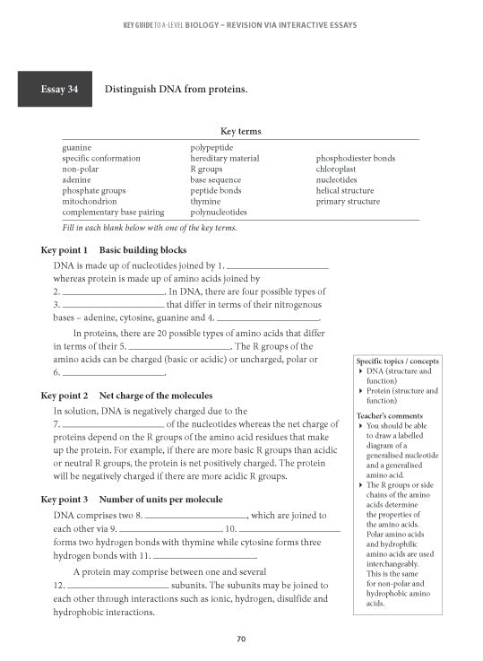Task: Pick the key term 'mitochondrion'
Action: click(x=89, y=202)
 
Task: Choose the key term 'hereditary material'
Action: click(x=224, y=158)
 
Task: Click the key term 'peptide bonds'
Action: click(x=215, y=191)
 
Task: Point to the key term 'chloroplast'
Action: click(x=336, y=169)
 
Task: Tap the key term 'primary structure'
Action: click(x=348, y=202)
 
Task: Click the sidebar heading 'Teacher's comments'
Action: click(x=390, y=416)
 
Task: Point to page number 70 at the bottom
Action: click(x=240, y=639)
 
